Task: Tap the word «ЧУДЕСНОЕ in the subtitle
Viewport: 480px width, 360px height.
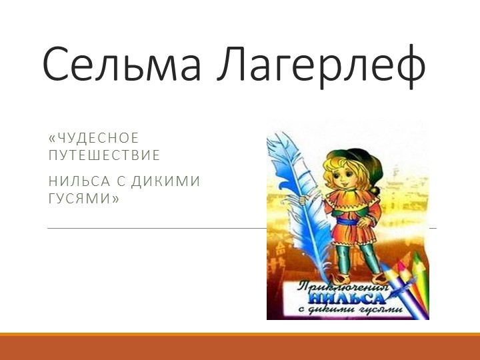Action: (x=93, y=138)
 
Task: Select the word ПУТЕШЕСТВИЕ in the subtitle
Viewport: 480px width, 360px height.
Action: (x=105, y=156)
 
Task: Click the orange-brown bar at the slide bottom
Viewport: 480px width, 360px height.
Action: (x=240, y=347)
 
